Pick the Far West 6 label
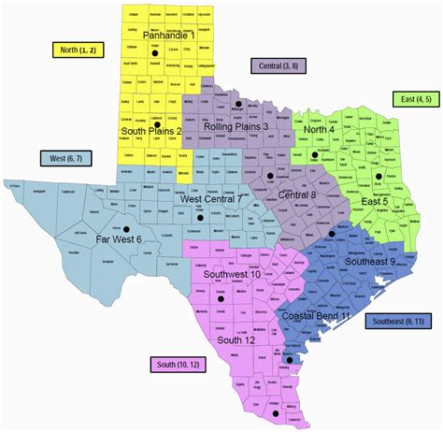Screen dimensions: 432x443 tap(119, 239)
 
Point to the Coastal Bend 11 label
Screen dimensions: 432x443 tap(316, 317)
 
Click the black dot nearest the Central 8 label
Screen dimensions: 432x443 tap(270, 175)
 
